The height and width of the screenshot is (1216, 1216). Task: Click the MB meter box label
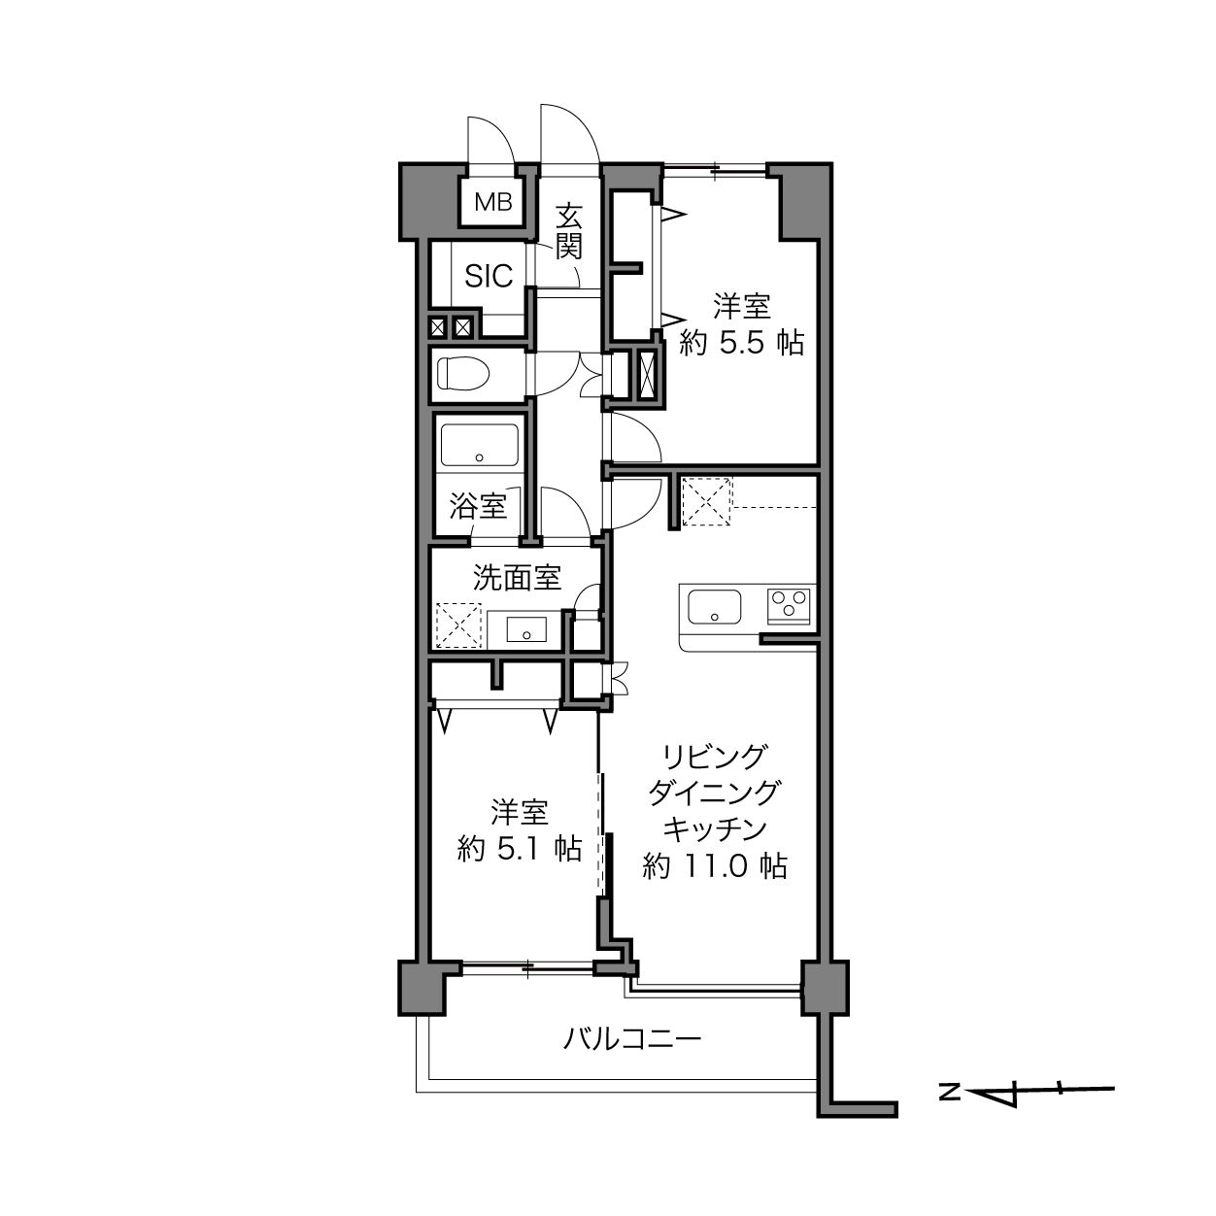pyautogui.click(x=493, y=203)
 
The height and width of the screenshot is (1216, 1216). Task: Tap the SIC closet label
pyautogui.click(x=489, y=276)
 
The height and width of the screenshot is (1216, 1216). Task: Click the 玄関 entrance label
pyautogui.click(x=568, y=231)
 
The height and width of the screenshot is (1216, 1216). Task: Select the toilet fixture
pyautogui.click(x=463, y=374)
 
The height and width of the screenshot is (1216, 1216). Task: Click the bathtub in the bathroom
pyautogui.click(x=480, y=445)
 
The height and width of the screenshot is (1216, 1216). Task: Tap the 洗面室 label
pyautogui.click(x=517, y=577)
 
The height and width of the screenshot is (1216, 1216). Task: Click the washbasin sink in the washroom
pyautogui.click(x=526, y=629)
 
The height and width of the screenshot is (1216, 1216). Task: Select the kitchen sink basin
pyautogui.click(x=714, y=606)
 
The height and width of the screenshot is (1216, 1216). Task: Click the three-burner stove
pyautogui.click(x=788, y=605)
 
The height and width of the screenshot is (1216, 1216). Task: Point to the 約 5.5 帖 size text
pyautogui.click(x=741, y=344)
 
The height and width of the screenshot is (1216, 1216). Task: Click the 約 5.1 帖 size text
pyautogui.click(x=520, y=850)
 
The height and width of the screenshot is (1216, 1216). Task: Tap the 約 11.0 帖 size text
pyautogui.click(x=715, y=866)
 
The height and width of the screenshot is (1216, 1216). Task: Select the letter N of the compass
pyautogui.click(x=950, y=1093)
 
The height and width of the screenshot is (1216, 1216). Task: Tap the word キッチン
pyautogui.click(x=715, y=829)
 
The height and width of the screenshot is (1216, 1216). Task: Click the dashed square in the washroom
pyautogui.click(x=458, y=626)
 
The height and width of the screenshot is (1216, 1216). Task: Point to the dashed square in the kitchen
pyautogui.click(x=707, y=502)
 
